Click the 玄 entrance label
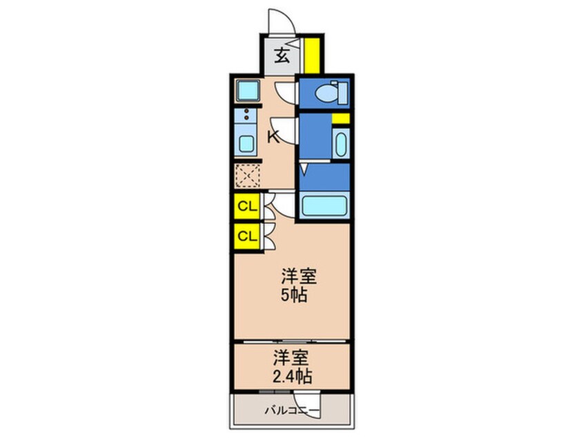point(282,56)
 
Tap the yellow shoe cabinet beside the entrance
point(311,55)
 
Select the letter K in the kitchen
point(273,137)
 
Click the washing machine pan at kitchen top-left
point(246,91)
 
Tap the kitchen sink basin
point(246,144)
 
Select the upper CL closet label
point(246,205)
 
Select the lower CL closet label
point(246,236)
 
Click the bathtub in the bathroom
point(324,206)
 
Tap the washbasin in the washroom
point(340,146)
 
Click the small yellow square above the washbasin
point(340,119)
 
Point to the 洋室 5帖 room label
point(298,286)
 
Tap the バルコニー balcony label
point(291,412)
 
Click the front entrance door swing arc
point(283,19)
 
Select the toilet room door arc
point(286,91)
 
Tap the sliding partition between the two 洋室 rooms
point(291,341)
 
